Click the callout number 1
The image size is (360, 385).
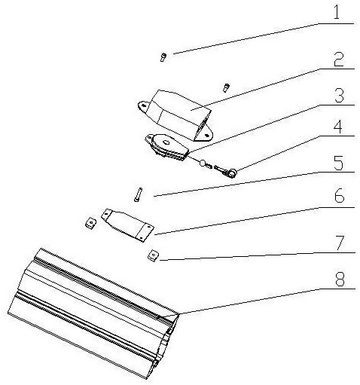(337, 12)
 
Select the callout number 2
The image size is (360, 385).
(339, 60)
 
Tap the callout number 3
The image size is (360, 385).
(339, 96)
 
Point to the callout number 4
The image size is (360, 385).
(338, 127)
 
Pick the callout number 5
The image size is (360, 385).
(338, 163)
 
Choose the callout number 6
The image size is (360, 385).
(339, 196)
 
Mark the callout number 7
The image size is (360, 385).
(340, 243)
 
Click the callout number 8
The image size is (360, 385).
(340, 280)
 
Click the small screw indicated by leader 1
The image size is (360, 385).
(163, 57)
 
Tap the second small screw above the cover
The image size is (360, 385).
(226, 88)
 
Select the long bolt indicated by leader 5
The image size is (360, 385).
(138, 194)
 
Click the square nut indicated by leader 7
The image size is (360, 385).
(153, 256)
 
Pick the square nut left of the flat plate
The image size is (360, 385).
(90, 223)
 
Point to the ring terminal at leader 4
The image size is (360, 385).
(230, 173)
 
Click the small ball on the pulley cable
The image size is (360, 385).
(202, 163)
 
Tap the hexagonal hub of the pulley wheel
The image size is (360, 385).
(166, 142)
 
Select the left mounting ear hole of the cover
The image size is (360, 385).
(143, 105)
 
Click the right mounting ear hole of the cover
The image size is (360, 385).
(207, 135)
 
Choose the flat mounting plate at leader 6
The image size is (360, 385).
(128, 225)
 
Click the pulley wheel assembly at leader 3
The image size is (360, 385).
(167, 147)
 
